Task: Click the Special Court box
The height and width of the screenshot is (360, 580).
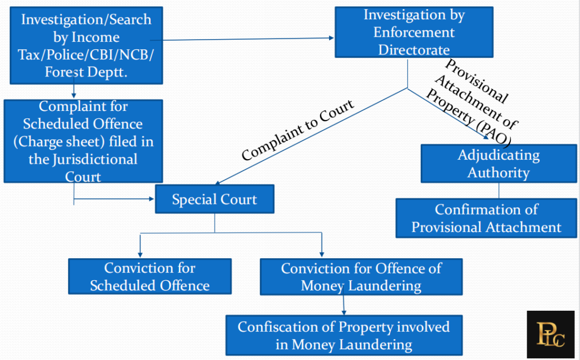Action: pos(214,199)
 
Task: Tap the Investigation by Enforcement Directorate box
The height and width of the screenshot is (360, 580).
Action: pos(413,32)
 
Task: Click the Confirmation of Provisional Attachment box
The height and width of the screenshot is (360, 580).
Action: pos(486,218)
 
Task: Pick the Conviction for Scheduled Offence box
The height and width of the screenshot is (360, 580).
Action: pos(150,276)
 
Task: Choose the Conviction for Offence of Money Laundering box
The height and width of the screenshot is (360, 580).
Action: pos(361,276)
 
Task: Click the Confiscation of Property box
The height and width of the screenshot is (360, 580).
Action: pos(343,335)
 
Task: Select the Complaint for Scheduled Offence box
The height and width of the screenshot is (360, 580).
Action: pos(83,141)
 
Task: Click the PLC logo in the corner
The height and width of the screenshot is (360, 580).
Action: pos(550,334)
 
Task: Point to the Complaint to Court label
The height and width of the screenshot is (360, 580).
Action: pos(298,130)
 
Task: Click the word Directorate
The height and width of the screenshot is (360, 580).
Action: pos(414,49)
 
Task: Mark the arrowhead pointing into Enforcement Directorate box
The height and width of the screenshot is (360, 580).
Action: pos(331,38)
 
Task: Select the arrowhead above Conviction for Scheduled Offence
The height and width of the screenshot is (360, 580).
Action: pos(139,255)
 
